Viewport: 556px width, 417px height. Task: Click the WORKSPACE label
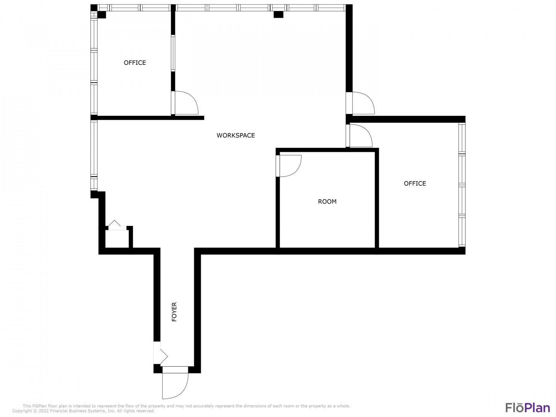[236, 135]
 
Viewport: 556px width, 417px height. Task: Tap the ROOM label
[327, 202]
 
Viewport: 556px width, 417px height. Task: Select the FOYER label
[174, 312]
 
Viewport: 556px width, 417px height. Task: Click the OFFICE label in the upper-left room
[135, 63]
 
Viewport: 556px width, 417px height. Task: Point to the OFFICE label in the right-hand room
[415, 183]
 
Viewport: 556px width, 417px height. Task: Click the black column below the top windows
[278, 15]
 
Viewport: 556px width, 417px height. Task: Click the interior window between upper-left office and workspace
[173, 53]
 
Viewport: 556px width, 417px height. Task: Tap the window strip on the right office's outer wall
[462, 185]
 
